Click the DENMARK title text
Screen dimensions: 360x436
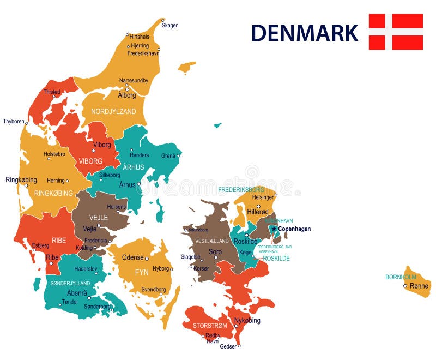304,33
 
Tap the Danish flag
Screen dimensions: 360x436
396,32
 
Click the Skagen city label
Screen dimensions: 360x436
170,25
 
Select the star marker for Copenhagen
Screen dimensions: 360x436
274,229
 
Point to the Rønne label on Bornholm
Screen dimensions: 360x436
419,285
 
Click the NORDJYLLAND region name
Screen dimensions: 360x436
113,111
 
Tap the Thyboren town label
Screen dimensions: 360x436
14,121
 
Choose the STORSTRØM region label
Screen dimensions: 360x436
210,326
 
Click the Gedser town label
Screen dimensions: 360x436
228,346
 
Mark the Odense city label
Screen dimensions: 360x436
132,257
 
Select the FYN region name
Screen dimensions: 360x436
142,272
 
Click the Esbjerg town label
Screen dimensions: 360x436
41,245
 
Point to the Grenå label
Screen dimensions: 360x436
168,155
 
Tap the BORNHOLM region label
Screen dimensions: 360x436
401,277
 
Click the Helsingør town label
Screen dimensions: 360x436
263,197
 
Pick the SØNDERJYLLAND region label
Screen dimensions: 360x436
70,284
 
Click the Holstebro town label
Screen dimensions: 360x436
55,154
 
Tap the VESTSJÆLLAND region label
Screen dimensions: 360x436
213,241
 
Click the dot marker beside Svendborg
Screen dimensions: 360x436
161,294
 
